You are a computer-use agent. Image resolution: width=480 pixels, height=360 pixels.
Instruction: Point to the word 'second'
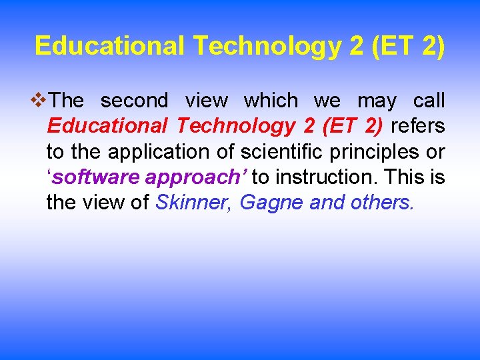[x=134, y=101]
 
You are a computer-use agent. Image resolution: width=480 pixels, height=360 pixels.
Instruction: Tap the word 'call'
[x=429, y=101]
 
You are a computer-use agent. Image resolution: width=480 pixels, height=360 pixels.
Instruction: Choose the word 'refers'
[x=417, y=126]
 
